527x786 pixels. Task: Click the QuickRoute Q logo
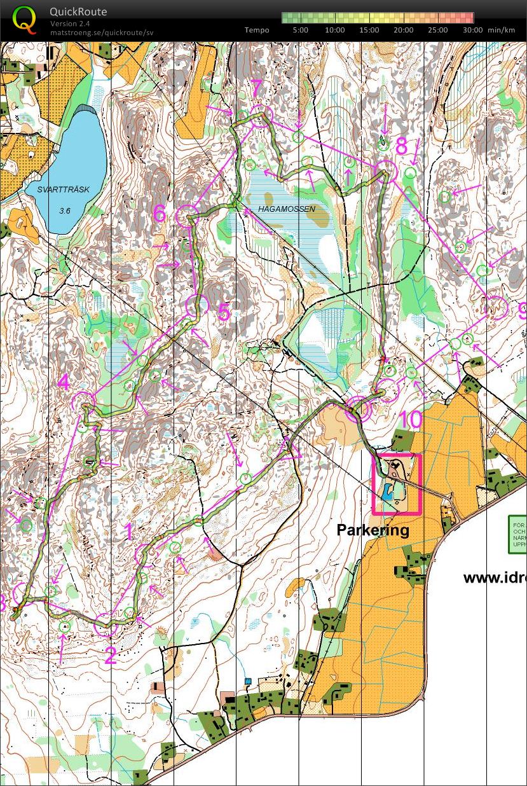25,19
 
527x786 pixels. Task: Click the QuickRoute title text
78,11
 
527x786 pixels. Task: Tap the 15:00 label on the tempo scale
369,30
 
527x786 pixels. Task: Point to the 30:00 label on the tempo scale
472,30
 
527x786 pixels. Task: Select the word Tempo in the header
257,30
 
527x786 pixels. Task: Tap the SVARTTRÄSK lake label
63,190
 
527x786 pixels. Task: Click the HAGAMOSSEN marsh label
286,209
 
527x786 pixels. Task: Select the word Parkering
373,530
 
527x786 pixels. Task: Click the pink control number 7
256,90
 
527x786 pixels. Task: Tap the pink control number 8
401,146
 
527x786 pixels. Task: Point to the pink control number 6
160,214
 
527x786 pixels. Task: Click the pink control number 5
223,312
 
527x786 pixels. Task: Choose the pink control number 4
64,383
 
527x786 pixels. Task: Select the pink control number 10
411,420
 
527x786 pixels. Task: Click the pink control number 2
110,655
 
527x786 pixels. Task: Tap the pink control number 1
129,532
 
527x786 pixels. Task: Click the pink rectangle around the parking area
397,455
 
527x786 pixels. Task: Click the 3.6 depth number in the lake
65,210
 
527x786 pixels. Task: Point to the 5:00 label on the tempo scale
301,30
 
